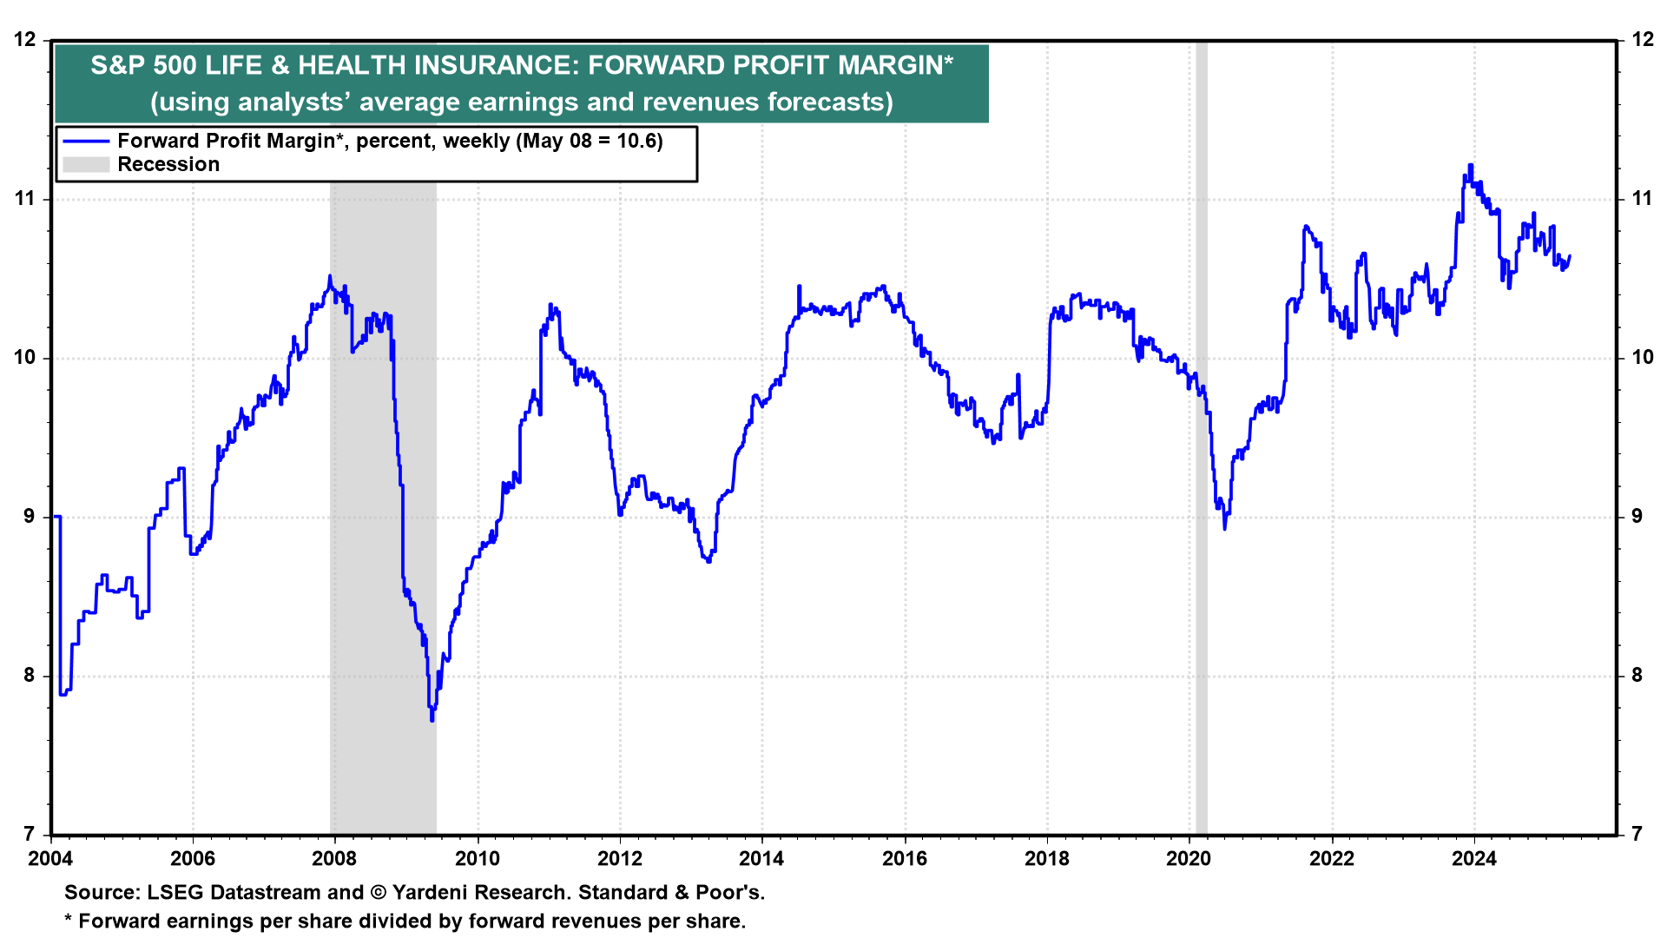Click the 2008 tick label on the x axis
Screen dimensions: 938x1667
pos(334,859)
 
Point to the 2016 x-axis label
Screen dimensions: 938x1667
pos(905,859)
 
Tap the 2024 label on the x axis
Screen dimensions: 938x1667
pos(1474,859)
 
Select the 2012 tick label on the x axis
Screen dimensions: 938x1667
pos(620,859)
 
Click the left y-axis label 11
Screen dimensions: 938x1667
pos(25,199)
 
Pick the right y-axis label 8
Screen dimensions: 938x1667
pos(1637,676)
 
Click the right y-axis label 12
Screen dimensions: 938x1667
pos(1642,40)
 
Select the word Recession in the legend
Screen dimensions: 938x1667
pos(168,165)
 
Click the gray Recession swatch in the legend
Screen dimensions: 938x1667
pos(86,165)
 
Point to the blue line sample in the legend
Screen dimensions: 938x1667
pos(86,142)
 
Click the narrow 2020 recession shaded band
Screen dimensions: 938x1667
pos(1202,434)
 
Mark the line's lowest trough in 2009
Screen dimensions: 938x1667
pos(432,719)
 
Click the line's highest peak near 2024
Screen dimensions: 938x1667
pos(1470,165)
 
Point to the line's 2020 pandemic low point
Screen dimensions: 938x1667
pos(1224,527)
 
